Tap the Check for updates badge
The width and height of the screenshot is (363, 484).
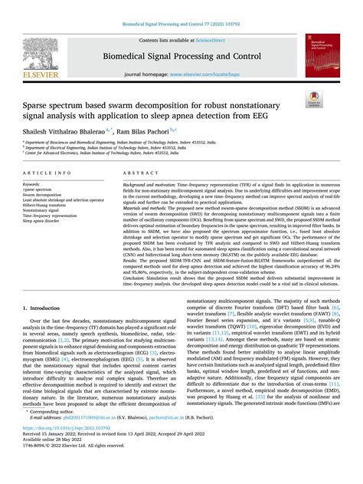click(x=334, y=117)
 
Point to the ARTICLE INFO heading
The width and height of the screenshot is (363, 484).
click(x=44, y=175)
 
